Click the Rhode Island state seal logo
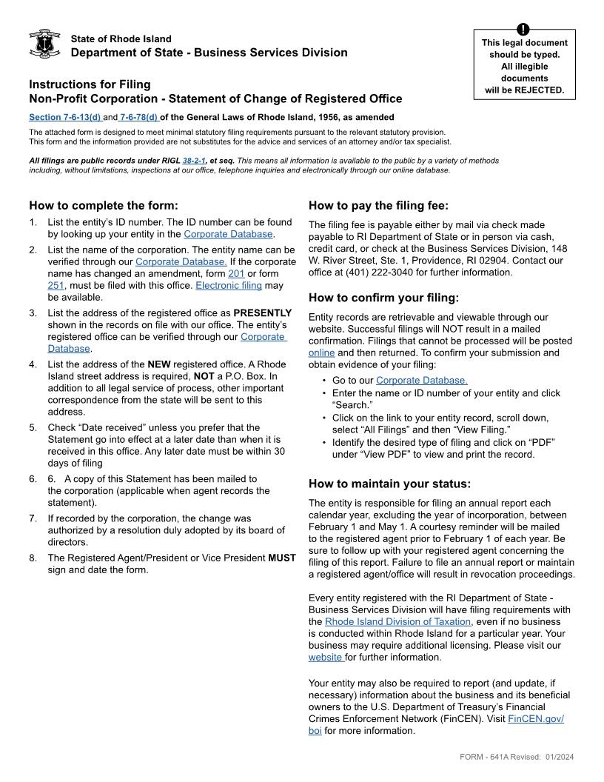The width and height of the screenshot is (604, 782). pos(44,44)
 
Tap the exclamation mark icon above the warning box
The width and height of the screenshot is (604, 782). pos(524,30)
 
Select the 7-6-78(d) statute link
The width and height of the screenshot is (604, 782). pos(139,117)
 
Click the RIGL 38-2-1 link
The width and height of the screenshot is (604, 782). pos(194,160)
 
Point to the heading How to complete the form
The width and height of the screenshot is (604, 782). pos(104,206)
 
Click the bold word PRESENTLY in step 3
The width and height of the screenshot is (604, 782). pos(263,313)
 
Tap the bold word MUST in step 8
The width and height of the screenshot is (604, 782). pos(281,558)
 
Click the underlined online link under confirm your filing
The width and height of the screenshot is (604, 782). pos(321,352)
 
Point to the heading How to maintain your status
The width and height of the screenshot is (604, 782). pos(389,484)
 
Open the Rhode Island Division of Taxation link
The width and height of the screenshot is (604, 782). pos(397,621)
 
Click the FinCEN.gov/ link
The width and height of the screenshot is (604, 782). pos(536,718)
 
